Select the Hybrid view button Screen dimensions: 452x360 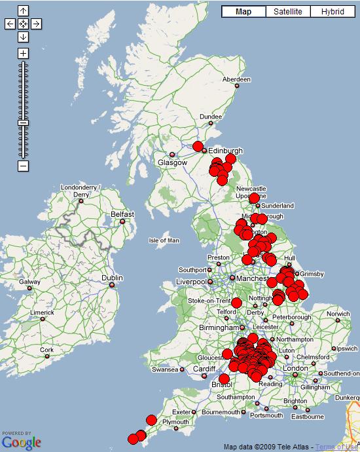332,12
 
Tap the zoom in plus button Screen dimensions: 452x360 24,53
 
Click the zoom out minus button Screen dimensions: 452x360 24,166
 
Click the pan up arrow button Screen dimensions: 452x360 24,11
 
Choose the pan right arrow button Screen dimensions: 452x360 37,24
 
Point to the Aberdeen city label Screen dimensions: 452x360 236,79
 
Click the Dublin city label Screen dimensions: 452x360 112,278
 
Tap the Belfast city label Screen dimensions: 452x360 122,214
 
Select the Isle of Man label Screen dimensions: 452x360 164,240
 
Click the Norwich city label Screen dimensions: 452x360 338,314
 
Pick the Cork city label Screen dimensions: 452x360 46,350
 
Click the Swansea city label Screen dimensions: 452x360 164,369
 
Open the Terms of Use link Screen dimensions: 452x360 337,447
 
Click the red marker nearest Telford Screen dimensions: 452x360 237,303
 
